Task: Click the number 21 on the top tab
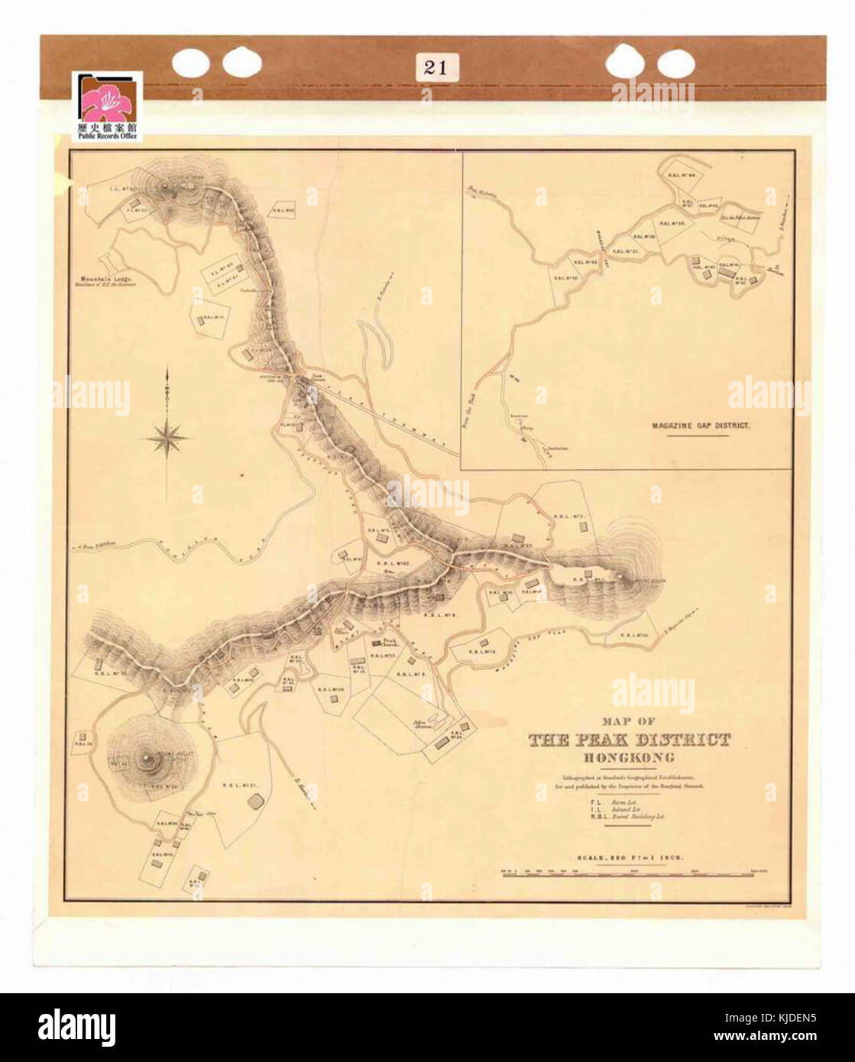coord(435,66)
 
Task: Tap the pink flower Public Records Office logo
coord(107,106)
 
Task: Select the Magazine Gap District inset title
coord(700,425)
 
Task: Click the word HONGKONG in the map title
coord(628,758)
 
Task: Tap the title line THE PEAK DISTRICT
coord(629,740)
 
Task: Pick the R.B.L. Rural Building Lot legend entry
coord(628,817)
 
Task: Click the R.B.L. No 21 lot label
coord(239,785)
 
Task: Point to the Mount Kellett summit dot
coord(146,758)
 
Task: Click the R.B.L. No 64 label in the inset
coord(682,175)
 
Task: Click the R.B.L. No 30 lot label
coord(110,673)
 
